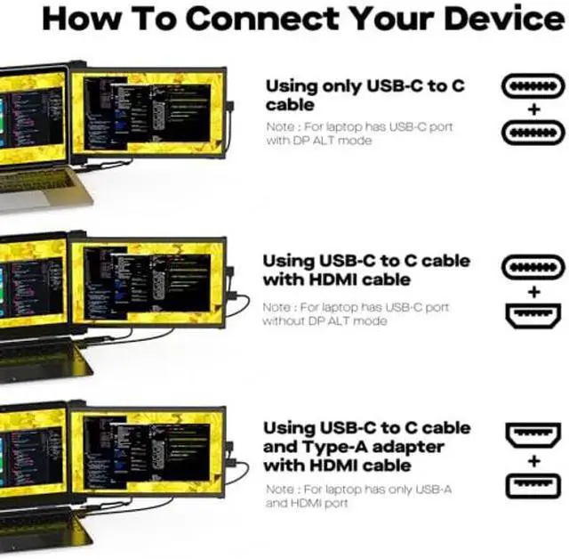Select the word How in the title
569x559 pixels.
(x=81, y=19)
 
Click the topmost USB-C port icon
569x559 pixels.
(x=533, y=87)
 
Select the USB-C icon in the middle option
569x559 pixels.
(x=533, y=267)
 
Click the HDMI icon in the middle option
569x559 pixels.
(x=533, y=314)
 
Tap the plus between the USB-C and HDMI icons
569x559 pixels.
(x=533, y=291)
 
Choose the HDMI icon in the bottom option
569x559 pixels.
(x=533, y=436)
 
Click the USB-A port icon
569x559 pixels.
(x=533, y=485)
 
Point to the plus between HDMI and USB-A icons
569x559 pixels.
(x=533, y=461)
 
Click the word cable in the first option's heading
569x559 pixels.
(x=290, y=105)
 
